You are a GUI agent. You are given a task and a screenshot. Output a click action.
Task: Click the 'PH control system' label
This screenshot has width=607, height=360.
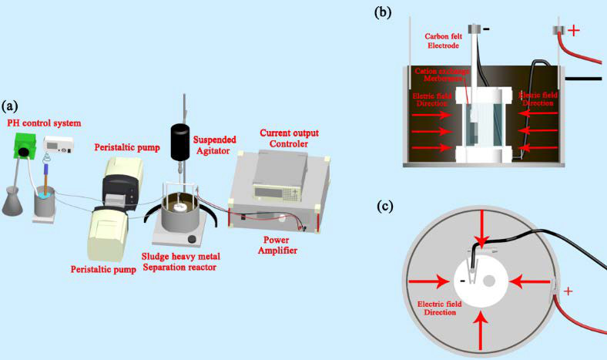tap(43, 123)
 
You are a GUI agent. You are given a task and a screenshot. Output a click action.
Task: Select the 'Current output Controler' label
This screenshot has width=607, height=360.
tap(288, 138)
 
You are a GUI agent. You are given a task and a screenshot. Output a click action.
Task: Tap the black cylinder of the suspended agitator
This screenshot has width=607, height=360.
tap(180, 140)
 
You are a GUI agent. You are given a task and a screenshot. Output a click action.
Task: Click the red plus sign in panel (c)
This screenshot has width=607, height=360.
tap(568, 292)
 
